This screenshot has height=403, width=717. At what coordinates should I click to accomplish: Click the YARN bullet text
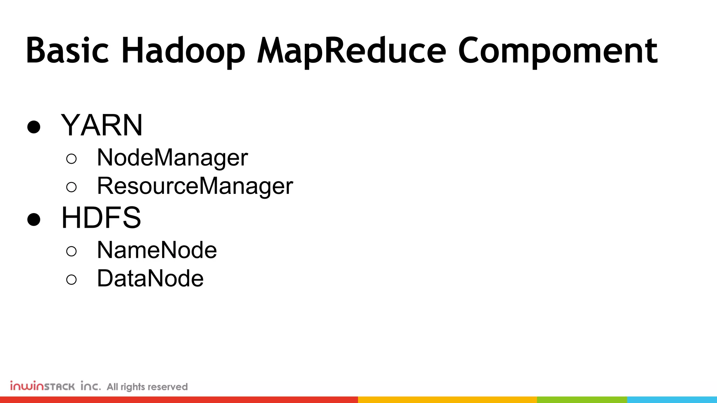pos(102,125)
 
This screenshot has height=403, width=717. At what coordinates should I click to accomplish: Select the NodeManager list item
pos(172,158)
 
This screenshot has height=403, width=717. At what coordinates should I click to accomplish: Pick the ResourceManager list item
pos(195,186)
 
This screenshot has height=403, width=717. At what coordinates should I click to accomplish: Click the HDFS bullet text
pos(101,218)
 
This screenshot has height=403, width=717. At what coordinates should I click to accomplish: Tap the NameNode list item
pos(157,250)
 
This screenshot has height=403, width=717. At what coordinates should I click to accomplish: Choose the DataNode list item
pos(150,278)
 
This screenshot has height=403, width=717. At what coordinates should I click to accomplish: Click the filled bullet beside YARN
pos(34,127)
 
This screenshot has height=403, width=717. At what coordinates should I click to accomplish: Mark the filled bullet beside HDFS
pos(34,220)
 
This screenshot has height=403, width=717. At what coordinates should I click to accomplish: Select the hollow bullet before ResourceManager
pos(71,188)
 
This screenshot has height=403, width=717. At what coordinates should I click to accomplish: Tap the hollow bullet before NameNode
pos(71,251)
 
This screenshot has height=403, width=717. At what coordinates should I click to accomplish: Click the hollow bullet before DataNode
pos(71,280)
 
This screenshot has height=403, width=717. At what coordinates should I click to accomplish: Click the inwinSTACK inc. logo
pos(55,386)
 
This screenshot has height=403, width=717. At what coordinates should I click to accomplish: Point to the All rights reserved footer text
pos(147,387)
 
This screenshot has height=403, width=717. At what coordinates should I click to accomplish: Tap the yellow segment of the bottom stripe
pos(447,400)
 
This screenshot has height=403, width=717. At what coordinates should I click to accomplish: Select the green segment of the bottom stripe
pos(582,400)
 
